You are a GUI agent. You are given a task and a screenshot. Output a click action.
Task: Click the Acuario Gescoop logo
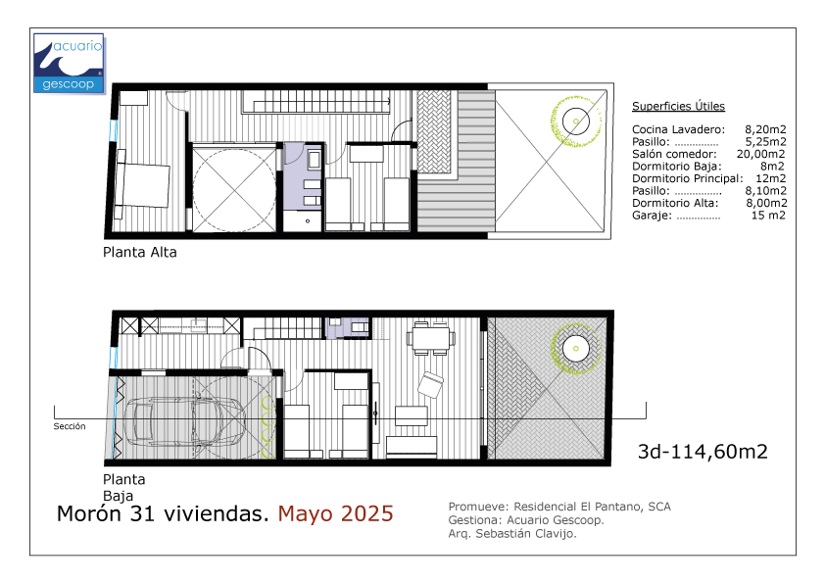pyautogui.click(x=69, y=64)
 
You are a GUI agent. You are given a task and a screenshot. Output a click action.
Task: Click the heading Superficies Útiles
pyautogui.click(x=678, y=106)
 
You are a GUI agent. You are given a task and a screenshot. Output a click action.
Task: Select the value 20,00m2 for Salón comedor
pyautogui.click(x=760, y=154)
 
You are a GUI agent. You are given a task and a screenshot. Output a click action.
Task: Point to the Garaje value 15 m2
pyautogui.click(x=768, y=216)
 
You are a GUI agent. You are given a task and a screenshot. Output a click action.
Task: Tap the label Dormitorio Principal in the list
pyautogui.click(x=687, y=179)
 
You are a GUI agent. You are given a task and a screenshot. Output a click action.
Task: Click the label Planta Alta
pyautogui.click(x=139, y=253)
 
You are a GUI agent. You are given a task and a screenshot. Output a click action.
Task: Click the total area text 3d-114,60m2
pyautogui.click(x=703, y=452)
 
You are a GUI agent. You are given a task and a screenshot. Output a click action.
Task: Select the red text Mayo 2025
pyautogui.click(x=336, y=514)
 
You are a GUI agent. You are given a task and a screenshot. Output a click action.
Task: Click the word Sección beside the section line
pyautogui.click(x=69, y=426)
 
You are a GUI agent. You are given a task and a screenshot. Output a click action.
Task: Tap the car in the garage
pyautogui.click(x=184, y=421)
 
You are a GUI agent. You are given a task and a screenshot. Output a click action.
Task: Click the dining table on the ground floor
pyautogui.click(x=431, y=337)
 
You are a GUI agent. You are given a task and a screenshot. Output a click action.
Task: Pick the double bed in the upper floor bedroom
pyautogui.click(x=143, y=184)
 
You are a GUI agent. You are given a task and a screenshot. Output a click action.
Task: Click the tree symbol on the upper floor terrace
pyautogui.click(x=575, y=121)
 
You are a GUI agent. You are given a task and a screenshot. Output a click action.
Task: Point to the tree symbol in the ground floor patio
pyautogui.click(x=575, y=348)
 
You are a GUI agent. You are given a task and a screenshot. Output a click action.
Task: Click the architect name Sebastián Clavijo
pyautogui.click(x=525, y=534)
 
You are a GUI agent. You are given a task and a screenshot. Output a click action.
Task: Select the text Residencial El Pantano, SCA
pyautogui.click(x=592, y=507)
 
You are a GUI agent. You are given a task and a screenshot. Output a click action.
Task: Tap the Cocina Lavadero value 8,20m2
pyautogui.click(x=765, y=129)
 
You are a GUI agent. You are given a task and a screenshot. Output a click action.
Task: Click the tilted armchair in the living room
pyautogui.click(x=431, y=385)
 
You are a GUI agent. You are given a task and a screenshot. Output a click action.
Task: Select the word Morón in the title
pyautogui.click(x=89, y=514)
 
